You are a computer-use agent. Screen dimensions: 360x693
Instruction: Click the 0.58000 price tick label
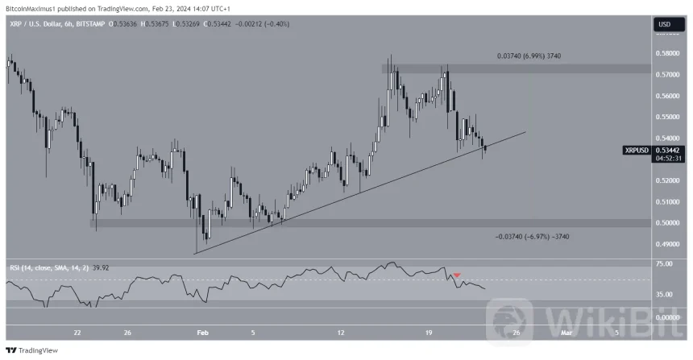[x=666, y=54]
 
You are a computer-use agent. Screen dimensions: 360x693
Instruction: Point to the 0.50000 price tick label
[x=666, y=223]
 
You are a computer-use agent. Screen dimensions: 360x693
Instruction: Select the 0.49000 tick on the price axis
[x=666, y=244]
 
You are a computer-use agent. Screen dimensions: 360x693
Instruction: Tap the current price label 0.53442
[x=667, y=150]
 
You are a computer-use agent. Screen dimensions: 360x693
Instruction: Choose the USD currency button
[x=665, y=24]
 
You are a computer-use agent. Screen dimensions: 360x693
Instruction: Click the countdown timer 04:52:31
[x=667, y=159]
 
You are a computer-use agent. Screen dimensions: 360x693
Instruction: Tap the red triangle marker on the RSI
[x=457, y=275]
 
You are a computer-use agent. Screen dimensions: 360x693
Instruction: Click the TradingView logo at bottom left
[x=32, y=351]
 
